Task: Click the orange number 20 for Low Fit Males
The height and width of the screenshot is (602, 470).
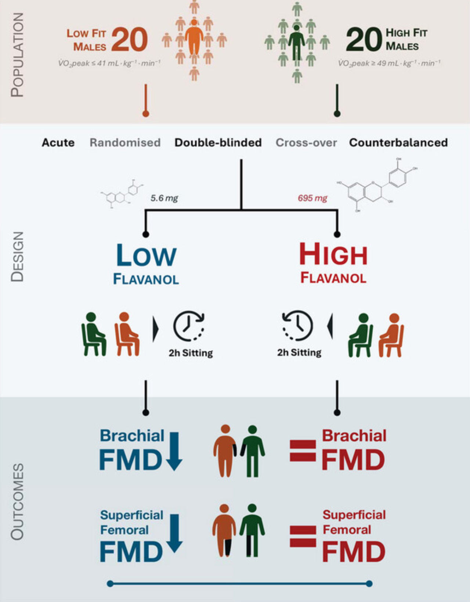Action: (x=129, y=40)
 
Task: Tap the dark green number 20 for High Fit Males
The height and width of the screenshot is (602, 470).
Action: (x=364, y=40)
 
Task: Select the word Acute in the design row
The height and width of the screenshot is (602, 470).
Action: (x=58, y=143)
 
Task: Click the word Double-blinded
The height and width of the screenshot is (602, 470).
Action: (x=218, y=143)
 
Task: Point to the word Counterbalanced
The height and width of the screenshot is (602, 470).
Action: (x=398, y=143)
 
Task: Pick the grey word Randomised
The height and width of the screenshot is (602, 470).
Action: (x=125, y=143)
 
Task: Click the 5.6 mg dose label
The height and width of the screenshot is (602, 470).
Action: (x=164, y=198)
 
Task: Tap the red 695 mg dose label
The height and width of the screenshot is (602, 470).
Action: (x=312, y=198)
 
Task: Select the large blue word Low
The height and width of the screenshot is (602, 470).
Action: (x=146, y=255)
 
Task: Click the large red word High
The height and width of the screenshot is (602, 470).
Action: (x=333, y=255)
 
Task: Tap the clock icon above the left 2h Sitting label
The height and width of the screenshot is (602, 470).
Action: (x=189, y=326)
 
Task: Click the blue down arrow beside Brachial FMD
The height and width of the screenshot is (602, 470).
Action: (x=174, y=451)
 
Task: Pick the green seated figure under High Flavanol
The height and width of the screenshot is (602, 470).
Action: (x=361, y=335)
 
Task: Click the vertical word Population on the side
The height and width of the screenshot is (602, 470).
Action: (x=17, y=55)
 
